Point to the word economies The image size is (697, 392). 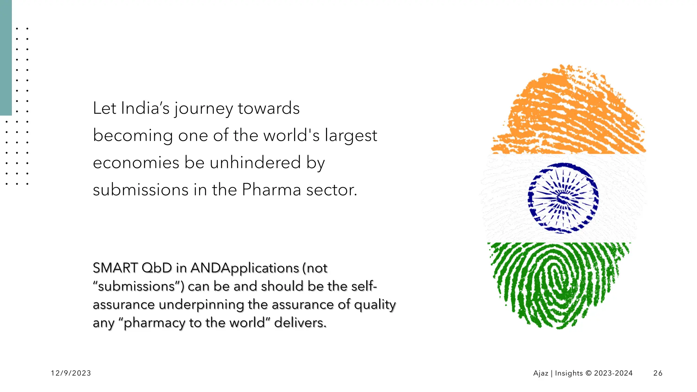click(x=136, y=163)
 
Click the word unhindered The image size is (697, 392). click(x=255, y=163)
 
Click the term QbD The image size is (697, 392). click(x=157, y=268)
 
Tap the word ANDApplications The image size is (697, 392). click(x=245, y=268)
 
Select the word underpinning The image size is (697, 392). click(x=201, y=305)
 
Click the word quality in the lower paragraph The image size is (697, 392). click(x=375, y=305)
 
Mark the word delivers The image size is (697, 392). click(x=300, y=323)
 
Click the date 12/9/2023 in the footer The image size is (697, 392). click(x=71, y=373)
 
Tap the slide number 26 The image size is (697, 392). click(x=658, y=373)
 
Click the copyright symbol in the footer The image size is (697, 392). click(x=588, y=373)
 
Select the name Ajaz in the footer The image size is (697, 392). click(x=540, y=373)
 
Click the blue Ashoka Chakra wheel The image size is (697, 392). click(x=563, y=198)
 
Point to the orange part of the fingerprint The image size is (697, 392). click(x=568, y=112)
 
